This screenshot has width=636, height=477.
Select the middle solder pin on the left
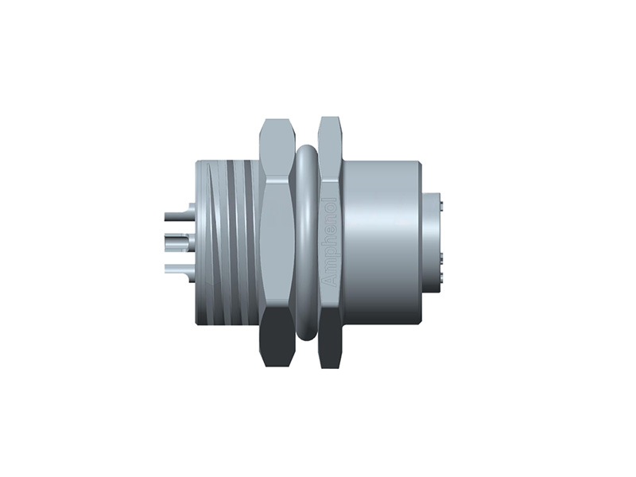click(x=178, y=238)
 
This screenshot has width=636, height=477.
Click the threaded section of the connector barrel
click(x=231, y=242)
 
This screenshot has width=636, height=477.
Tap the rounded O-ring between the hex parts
click(x=303, y=242)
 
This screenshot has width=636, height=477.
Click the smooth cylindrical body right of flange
click(x=382, y=242)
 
